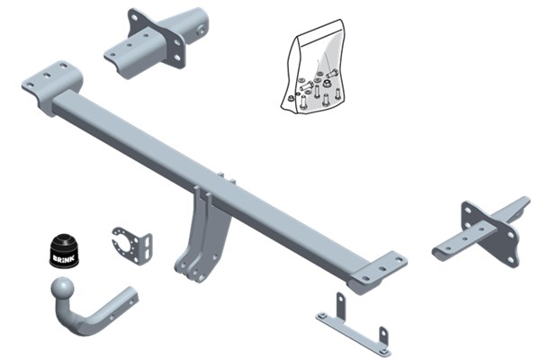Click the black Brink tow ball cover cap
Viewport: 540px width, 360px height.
pos(65,251)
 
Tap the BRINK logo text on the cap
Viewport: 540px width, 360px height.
pos(63,257)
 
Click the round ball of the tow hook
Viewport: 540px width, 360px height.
pos(63,289)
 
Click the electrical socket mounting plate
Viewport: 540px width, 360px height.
pos(132,245)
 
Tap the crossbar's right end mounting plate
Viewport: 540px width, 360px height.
pos(378,272)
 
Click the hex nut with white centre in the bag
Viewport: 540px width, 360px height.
pos(327,83)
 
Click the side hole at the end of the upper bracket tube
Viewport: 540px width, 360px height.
pos(200,31)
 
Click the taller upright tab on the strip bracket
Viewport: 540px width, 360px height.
pos(340,304)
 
